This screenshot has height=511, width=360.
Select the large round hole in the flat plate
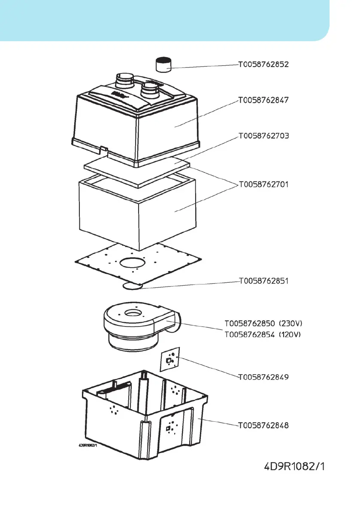[134, 263]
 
